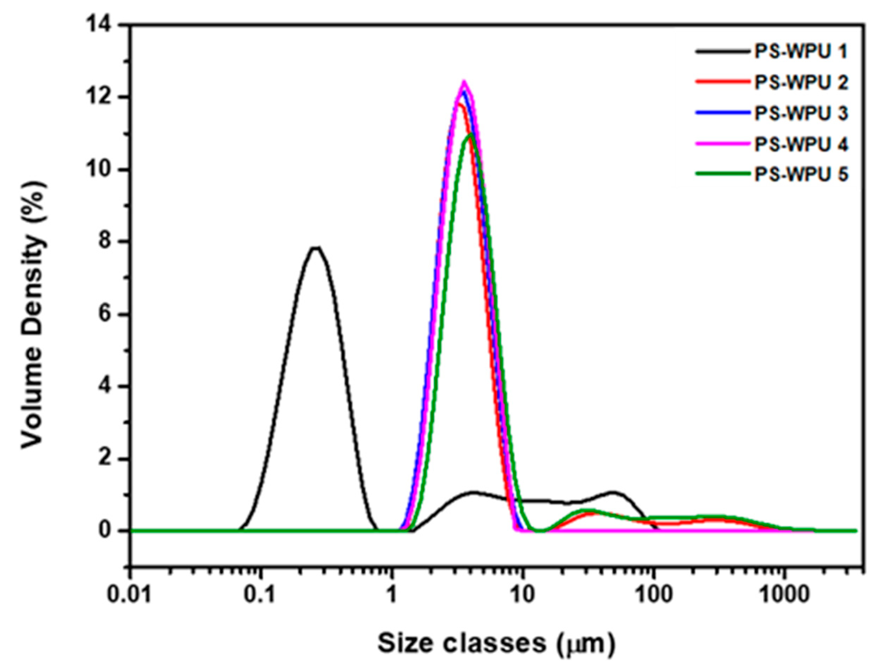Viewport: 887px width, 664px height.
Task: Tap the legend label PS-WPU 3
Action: [x=801, y=114]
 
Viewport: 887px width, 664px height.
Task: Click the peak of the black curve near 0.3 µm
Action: [x=316, y=248]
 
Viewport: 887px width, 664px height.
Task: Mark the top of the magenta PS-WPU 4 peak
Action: [x=464, y=82]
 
